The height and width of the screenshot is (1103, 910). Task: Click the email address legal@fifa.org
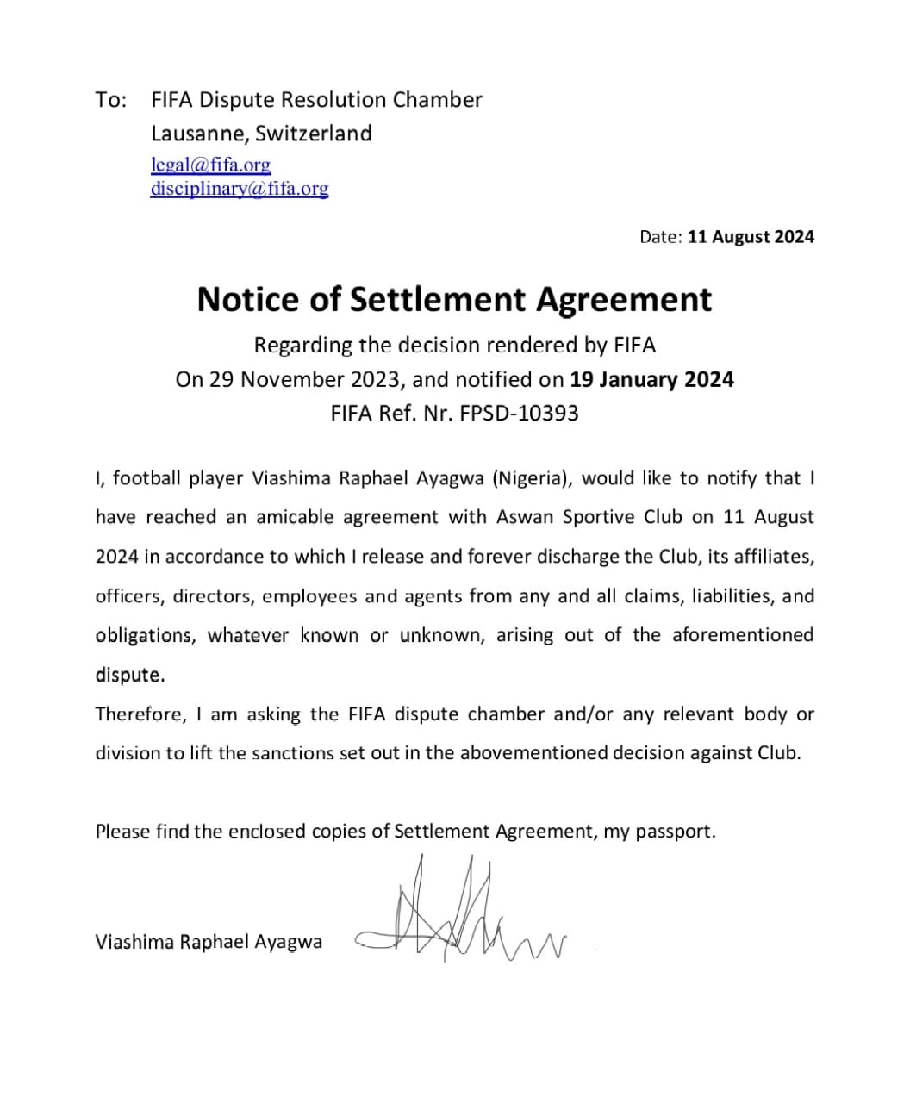(210, 164)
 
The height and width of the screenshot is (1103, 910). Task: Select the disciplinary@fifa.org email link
(239, 188)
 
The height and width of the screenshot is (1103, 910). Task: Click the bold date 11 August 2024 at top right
(751, 237)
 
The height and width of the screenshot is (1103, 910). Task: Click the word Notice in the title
(250, 299)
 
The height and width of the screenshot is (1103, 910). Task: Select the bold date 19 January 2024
(651, 379)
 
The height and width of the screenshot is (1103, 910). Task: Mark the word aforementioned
(743, 635)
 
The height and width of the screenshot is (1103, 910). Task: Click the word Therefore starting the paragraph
(139, 714)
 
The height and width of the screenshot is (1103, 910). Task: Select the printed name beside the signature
(209, 941)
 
